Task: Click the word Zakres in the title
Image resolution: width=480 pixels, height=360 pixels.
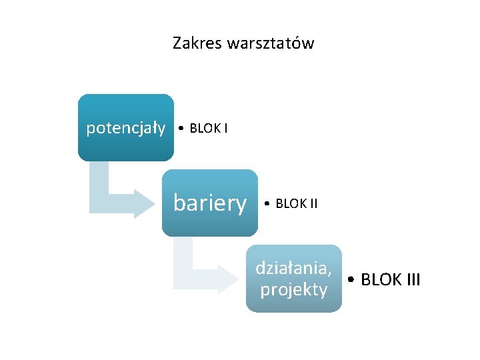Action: (x=197, y=44)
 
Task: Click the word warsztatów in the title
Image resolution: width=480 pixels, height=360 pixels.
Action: (x=270, y=44)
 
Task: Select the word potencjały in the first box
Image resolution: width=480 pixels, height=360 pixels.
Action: (x=126, y=128)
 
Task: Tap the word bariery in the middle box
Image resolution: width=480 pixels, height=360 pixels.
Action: (x=209, y=203)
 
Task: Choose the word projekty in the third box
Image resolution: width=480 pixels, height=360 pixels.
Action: (x=294, y=290)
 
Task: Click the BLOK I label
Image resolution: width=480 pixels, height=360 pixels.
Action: (x=209, y=128)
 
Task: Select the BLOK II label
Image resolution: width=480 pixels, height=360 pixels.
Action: (x=296, y=203)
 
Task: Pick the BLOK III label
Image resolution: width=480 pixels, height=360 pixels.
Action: (x=390, y=279)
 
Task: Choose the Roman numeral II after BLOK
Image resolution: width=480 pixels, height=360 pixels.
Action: (x=313, y=203)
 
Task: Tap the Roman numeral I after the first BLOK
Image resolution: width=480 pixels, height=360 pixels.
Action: (x=225, y=128)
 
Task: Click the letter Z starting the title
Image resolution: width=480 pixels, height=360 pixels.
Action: (x=177, y=44)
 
